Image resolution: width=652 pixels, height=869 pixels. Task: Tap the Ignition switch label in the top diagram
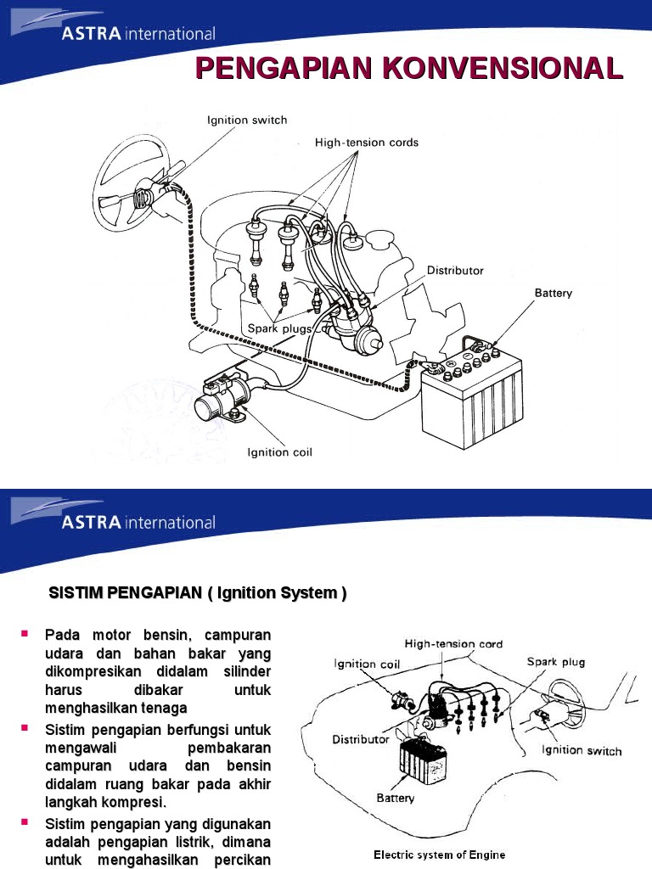click(x=247, y=121)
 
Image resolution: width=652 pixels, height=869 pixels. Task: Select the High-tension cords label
click(x=367, y=143)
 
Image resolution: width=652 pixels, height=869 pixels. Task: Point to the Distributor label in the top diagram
click(x=455, y=271)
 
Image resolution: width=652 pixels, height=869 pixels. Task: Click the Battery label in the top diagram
click(x=553, y=293)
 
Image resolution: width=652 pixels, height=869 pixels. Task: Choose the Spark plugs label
click(x=279, y=328)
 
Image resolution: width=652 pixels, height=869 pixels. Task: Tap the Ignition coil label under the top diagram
click(x=279, y=452)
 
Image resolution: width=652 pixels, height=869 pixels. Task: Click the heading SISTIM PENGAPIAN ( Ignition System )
click(x=197, y=593)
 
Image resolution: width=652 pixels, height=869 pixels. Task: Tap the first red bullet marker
click(x=25, y=634)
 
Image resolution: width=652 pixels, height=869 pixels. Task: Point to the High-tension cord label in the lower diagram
click(x=453, y=644)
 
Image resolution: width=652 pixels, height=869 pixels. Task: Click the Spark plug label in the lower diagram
click(x=556, y=662)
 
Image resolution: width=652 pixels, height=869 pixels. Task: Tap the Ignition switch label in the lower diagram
click(x=582, y=750)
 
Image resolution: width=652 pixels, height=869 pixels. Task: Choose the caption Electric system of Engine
click(x=439, y=855)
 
